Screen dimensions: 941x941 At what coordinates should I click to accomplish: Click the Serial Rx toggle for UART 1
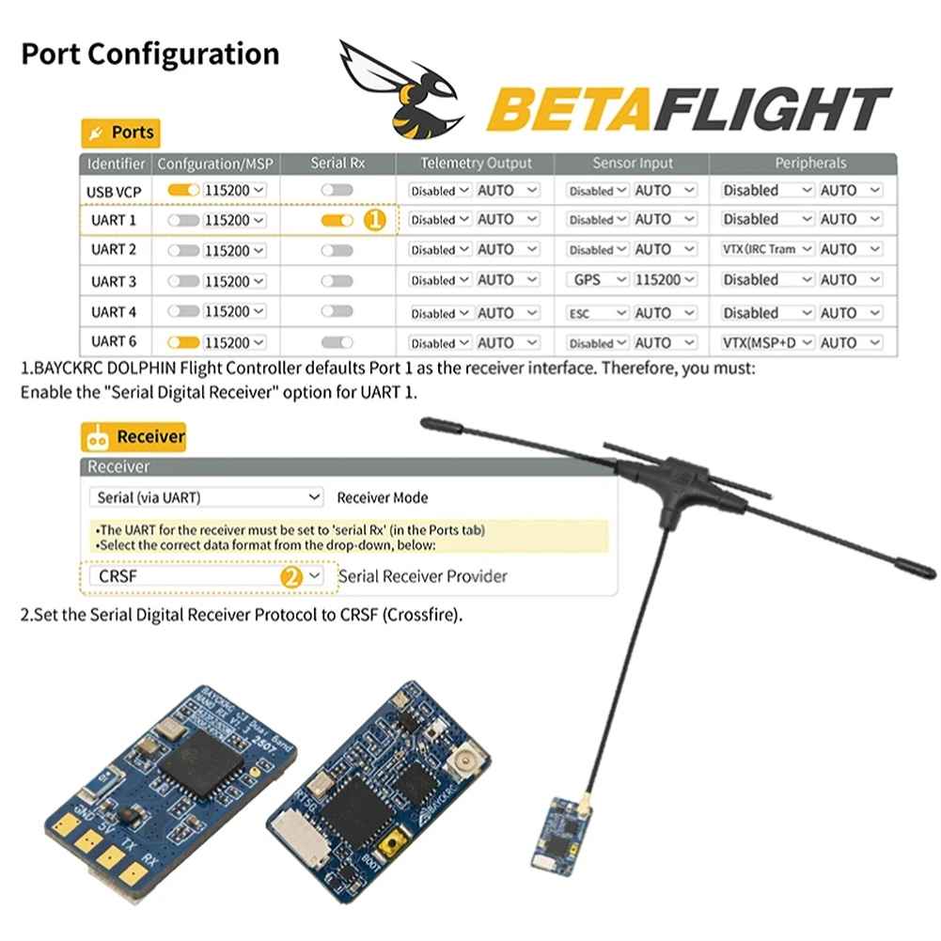[336, 220]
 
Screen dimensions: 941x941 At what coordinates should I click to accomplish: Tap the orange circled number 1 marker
[374, 220]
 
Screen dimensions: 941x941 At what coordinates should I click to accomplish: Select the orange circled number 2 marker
[291, 576]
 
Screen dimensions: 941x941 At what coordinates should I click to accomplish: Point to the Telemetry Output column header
[476, 163]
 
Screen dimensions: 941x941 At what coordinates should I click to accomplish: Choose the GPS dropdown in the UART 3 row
[598, 280]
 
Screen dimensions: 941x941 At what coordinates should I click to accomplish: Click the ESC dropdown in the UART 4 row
[598, 313]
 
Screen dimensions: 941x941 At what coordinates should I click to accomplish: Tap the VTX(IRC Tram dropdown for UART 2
[767, 250]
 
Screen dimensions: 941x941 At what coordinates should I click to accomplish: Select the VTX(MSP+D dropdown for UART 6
[767, 343]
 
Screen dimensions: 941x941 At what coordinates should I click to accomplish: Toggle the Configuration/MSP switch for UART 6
[183, 343]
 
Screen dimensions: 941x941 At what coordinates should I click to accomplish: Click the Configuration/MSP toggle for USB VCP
[183, 190]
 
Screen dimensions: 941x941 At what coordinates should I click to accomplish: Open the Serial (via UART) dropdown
[206, 497]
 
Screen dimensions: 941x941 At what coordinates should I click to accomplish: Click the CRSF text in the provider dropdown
[118, 576]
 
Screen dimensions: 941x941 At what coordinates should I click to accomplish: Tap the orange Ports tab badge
[120, 133]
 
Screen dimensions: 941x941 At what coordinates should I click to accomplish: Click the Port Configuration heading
[150, 54]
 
